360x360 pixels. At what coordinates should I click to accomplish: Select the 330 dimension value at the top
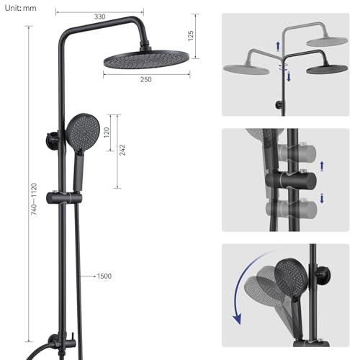(99, 17)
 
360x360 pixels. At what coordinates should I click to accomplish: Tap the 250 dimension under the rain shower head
(147, 79)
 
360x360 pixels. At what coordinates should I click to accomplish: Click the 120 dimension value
(106, 132)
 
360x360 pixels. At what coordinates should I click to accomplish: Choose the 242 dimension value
(122, 149)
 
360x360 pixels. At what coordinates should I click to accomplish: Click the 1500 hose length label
(104, 276)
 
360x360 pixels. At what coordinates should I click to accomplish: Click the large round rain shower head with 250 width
(147, 58)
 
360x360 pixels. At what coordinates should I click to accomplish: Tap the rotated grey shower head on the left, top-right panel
(246, 69)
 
